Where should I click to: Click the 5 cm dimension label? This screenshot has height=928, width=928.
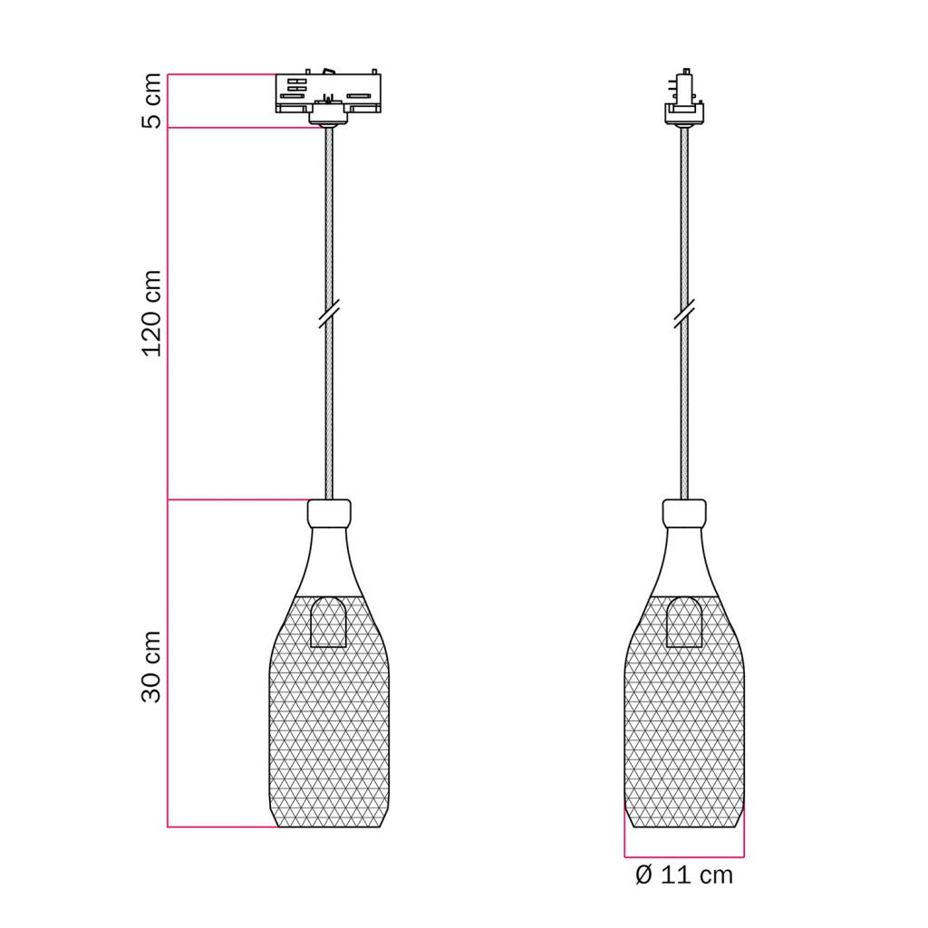pyautogui.click(x=152, y=101)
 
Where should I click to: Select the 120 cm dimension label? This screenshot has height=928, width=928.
pyautogui.click(x=152, y=313)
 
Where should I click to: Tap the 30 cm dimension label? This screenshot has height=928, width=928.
pyautogui.click(x=152, y=666)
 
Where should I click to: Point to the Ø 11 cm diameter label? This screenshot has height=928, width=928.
pyautogui.click(x=684, y=875)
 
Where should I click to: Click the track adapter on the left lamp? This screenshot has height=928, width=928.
pyautogui.click(x=328, y=94)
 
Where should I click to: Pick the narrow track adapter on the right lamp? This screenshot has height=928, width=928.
pyautogui.click(x=684, y=97)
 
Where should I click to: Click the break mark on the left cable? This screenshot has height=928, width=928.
pyautogui.click(x=329, y=313)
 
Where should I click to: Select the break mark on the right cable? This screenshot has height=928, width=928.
pyautogui.click(x=684, y=313)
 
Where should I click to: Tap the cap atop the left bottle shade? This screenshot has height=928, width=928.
pyautogui.click(x=329, y=513)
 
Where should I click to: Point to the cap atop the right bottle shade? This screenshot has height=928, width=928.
pyautogui.click(x=684, y=513)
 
